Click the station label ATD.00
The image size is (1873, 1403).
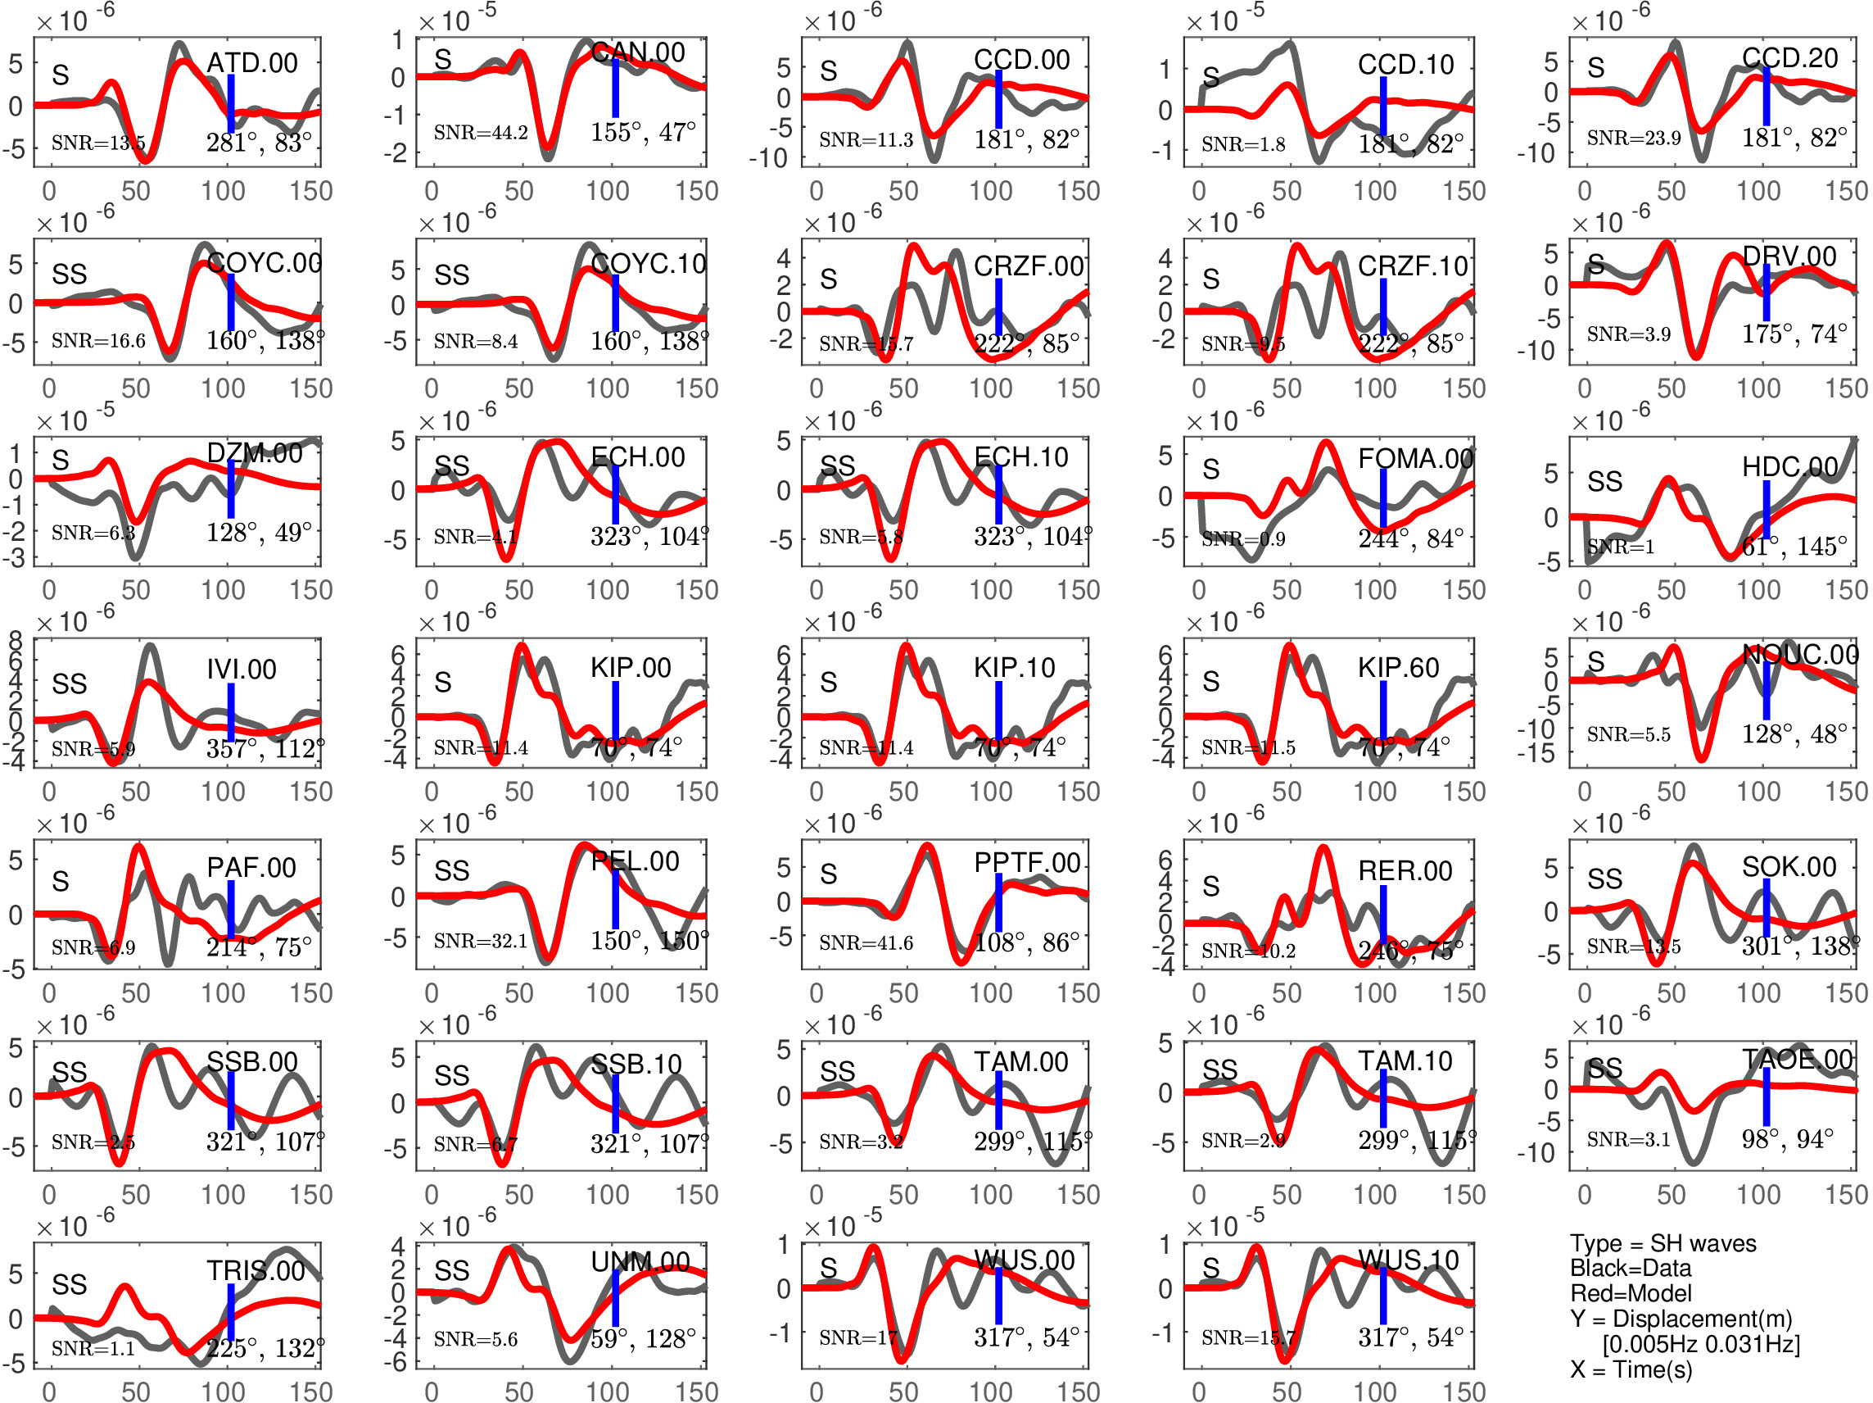(x=251, y=63)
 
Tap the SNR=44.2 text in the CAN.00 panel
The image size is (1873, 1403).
(x=480, y=132)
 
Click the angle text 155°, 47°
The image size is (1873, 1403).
(x=643, y=132)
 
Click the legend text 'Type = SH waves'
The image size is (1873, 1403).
(x=1663, y=1243)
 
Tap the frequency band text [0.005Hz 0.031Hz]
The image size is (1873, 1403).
(x=1701, y=1344)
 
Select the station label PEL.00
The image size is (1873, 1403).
(x=635, y=861)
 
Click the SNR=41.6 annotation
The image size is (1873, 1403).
(x=866, y=943)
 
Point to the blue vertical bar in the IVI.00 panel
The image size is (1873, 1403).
(x=230, y=711)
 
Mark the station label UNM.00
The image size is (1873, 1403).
(x=640, y=1261)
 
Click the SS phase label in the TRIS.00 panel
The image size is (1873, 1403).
(x=70, y=1284)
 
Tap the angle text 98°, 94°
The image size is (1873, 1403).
(x=1788, y=1139)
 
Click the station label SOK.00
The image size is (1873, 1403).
(x=1789, y=867)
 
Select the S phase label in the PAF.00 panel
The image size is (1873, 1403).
(x=60, y=881)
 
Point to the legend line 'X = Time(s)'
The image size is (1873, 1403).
(x=1631, y=1369)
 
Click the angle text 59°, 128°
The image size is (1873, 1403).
(x=643, y=1338)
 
